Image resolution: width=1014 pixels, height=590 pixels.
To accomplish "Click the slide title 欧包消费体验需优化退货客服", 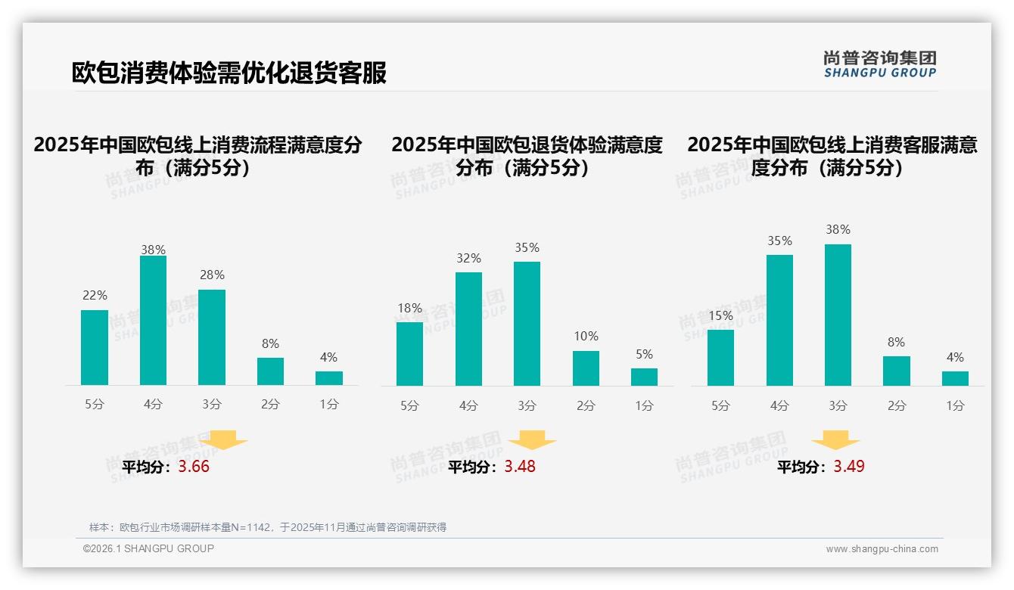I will (229, 73).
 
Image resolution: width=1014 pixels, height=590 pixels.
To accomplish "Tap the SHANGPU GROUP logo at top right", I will (879, 64).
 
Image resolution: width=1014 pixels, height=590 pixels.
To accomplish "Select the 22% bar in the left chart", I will (95, 347).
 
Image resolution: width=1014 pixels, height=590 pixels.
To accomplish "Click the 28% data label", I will (212, 275).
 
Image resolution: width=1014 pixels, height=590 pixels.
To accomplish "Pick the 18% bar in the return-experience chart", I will (409, 354).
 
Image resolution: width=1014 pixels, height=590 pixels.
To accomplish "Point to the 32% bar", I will (468, 329).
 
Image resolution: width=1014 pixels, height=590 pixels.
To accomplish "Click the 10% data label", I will (586, 336).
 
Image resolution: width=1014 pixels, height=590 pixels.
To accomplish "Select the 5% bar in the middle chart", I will (644, 377).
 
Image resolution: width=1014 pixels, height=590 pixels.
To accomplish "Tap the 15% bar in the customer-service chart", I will (720, 358).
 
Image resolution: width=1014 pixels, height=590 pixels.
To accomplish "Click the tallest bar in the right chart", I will (838, 315).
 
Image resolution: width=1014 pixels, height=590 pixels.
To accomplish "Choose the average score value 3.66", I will (194, 467).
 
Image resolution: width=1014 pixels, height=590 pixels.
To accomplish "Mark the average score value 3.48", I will (520, 467).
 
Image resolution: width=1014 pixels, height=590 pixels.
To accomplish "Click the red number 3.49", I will (849, 467).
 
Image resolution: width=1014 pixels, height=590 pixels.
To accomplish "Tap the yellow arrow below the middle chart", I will (532, 440).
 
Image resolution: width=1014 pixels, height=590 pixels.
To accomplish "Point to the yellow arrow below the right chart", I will (835, 440).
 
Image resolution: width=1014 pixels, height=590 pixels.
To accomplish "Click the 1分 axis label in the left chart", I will (329, 405).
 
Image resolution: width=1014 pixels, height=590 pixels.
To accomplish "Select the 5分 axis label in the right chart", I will (720, 406).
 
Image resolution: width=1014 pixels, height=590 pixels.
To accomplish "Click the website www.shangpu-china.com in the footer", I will (882, 549).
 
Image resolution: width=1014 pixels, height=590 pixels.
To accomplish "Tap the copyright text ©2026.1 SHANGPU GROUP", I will (148, 548).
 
